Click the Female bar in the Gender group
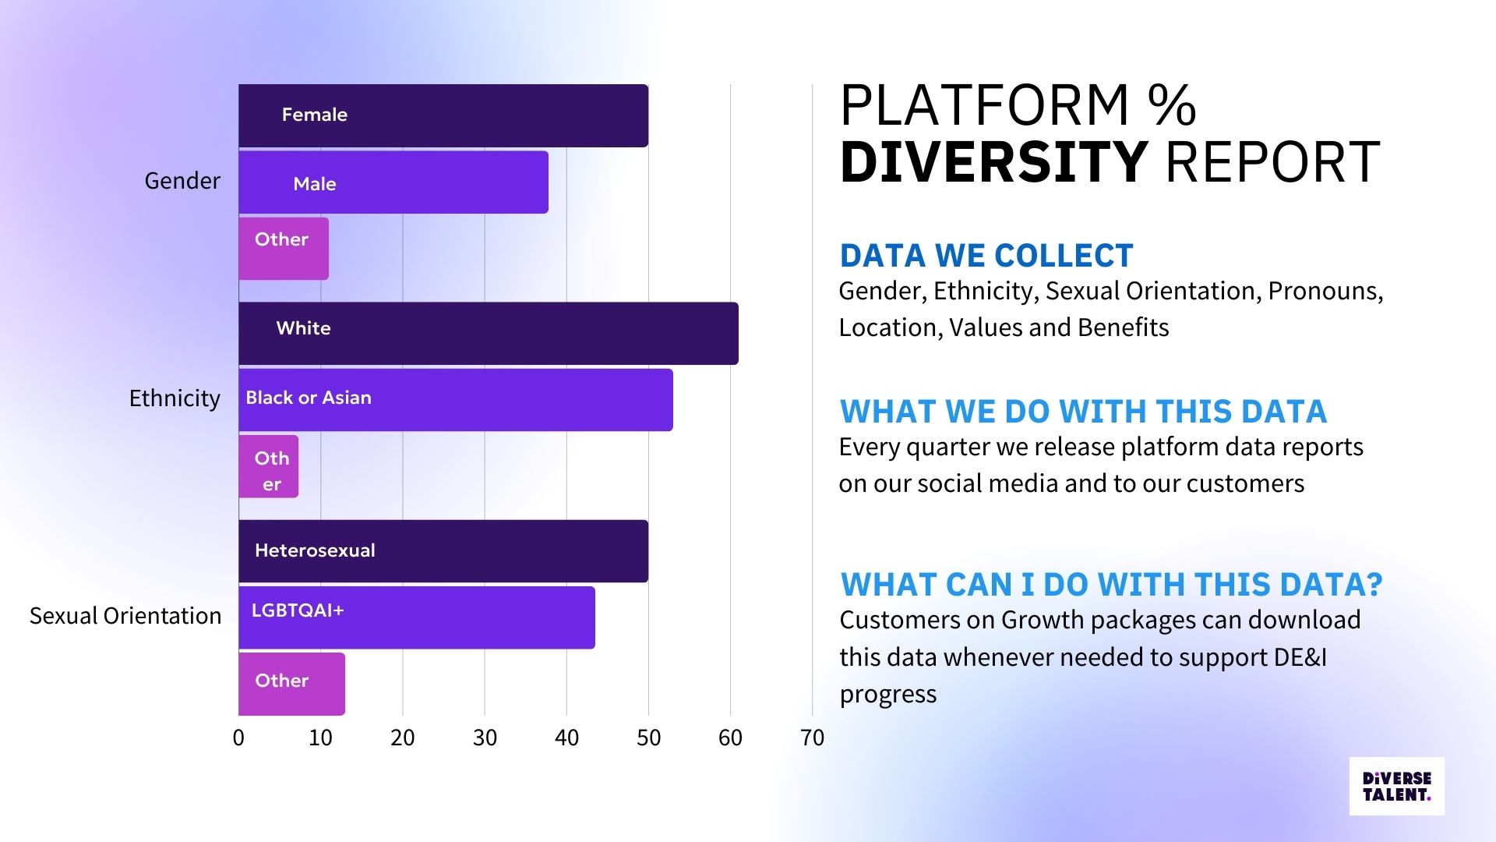coord(443,115)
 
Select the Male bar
coord(393,182)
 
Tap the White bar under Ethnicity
coord(488,333)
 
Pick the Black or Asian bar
coord(455,399)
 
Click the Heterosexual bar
coord(443,550)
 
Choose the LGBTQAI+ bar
coord(417,617)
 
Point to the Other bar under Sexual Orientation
coord(291,683)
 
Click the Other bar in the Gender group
coord(284,248)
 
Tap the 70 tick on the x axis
coord(812,738)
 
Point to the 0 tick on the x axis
coord(238,738)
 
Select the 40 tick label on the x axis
coord(566,738)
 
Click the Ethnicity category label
coord(175,398)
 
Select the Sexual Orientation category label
coord(125,616)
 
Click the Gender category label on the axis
coord(182,181)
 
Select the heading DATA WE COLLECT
coord(986,256)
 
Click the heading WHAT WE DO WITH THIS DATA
coord(1083,412)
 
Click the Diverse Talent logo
coord(1396,786)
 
